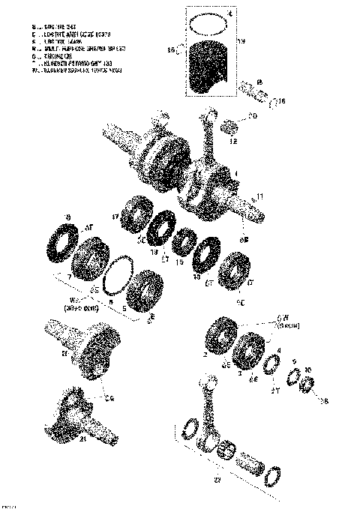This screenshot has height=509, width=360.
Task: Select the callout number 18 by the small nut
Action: click(324, 402)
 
